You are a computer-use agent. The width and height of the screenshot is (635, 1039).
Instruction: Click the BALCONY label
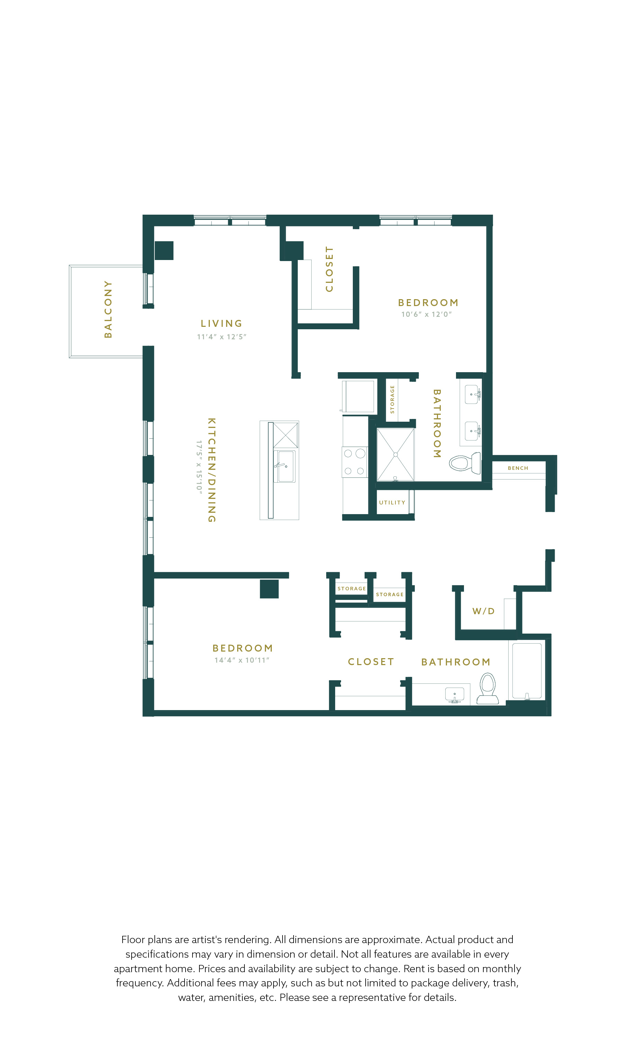[108, 310]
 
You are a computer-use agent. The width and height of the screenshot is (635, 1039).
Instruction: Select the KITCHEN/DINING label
[212, 470]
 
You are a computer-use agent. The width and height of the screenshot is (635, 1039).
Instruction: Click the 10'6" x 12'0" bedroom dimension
[426, 314]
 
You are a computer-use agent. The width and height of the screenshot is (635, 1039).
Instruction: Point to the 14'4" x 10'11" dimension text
[242, 660]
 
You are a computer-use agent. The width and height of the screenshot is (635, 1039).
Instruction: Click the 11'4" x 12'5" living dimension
[221, 337]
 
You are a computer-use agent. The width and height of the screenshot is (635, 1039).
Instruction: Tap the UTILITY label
[392, 503]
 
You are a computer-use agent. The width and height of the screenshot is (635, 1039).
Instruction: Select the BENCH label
[518, 468]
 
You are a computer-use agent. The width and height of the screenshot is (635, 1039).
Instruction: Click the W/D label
[484, 611]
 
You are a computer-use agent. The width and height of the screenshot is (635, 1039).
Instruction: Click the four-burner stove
[355, 462]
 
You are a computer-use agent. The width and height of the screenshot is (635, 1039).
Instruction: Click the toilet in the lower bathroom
[488, 689]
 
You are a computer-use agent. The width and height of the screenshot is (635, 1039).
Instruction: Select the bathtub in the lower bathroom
[527, 671]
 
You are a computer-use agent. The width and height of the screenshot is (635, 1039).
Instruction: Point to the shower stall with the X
[395, 455]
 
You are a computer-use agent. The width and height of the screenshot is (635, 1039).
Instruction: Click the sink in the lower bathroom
[455, 695]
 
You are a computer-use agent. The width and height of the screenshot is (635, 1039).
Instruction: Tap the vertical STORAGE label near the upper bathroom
[392, 399]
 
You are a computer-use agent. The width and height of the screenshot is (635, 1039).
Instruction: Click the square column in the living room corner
[164, 250]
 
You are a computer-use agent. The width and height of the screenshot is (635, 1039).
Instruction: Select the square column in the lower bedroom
[269, 589]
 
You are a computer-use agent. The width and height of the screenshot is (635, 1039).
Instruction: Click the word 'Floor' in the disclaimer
[133, 940]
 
